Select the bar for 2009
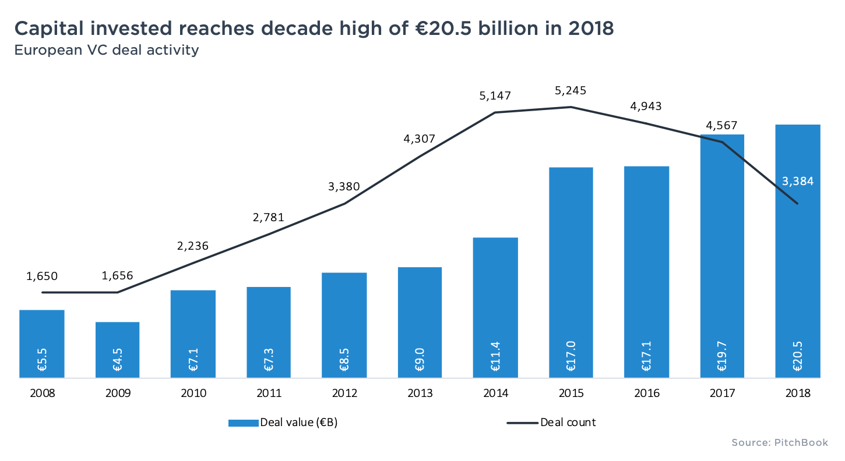pyautogui.click(x=117, y=349)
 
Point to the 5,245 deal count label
pyautogui.click(x=571, y=91)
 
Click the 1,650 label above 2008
pyautogui.click(x=42, y=276)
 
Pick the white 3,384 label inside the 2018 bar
pyautogui.click(x=797, y=181)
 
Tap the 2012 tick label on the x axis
pyautogui.click(x=344, y=393)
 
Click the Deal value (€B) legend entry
pyautogui.click(x=284, y=423)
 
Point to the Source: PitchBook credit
pyautogui.click(x=779, y=443)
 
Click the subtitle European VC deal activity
pyautogui.click(x=107, y=50)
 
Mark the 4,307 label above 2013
pyautogui.click(x=420, y=139)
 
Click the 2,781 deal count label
pyautogui.click(x=269, y=218)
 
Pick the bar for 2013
pyautogui.click(x=420, y=323)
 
